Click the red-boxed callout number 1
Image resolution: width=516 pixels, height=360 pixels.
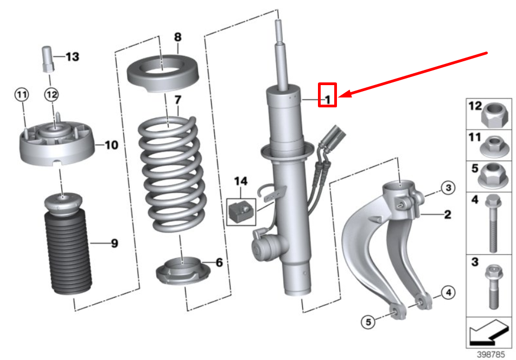(327, 99)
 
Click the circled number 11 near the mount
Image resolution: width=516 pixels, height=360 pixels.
(21, 95)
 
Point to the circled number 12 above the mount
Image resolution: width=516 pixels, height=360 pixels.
(51, 95)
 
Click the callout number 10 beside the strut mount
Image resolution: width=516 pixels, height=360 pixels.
(111, 145)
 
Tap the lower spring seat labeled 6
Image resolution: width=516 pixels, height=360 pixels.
(183, 271)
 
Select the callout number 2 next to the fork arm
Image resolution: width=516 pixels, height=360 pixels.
(447, 215)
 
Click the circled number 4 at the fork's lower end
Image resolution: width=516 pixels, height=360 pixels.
(447, 293)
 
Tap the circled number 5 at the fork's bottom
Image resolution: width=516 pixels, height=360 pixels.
(368, 322)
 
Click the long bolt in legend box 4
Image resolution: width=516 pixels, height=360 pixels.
(493, 223)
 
